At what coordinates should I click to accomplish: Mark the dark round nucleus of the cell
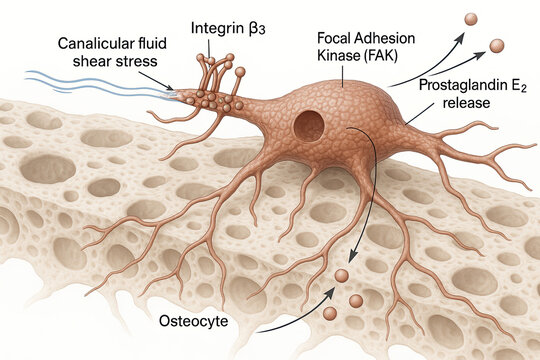(309, 126)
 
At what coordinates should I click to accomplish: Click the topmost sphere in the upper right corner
(471, 19)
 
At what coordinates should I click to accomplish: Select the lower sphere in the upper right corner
(497, 45)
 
